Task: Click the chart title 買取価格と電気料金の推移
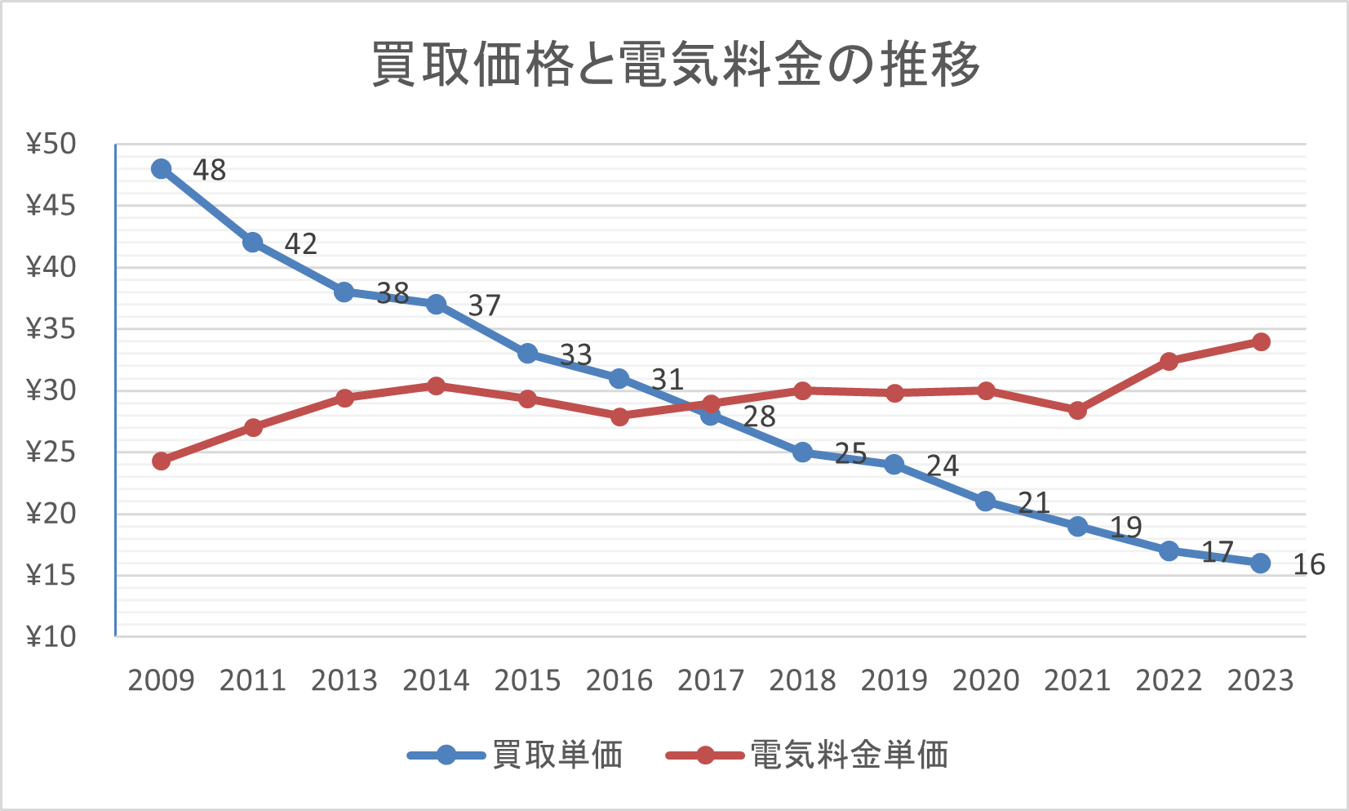coord(676,65)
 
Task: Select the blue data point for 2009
coord(162,169)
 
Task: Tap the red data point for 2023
coord(1261,341)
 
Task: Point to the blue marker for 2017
coord(711,415)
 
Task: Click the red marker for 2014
coord(436,385)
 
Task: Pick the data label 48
coord(209,170)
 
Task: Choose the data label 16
coord(1309,564)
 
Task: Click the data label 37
coord(484,305)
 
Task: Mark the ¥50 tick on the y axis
coord(51,144)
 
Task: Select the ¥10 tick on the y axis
coord(51,636)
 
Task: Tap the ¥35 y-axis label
coord(51,329)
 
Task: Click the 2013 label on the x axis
coord(344,680)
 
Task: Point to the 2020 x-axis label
coord(986,680)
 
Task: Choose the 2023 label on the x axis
coord(1261,680)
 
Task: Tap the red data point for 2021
coord(1077,410)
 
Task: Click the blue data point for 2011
coord(253,243)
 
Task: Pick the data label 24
coord(942,466)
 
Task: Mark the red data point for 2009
coord(162,461)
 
